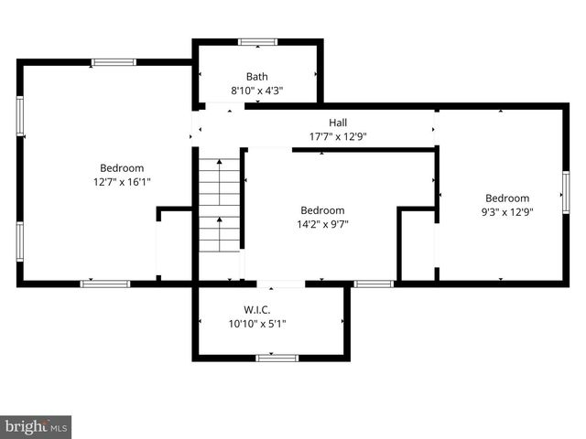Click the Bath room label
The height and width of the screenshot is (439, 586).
point(256,77)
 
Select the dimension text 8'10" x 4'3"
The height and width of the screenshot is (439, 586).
point(256,91)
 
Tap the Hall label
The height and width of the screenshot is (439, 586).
point(338,123)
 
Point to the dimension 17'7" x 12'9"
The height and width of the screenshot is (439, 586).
point(338,136)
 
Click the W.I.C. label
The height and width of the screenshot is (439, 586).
point(256,309)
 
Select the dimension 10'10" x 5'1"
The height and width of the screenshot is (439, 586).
point(256,323)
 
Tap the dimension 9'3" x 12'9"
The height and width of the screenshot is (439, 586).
point(507,212)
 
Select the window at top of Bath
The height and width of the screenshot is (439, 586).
point(258,41)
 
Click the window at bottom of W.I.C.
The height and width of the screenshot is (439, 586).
point(277,358)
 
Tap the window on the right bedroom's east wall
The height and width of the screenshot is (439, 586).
point(566,192)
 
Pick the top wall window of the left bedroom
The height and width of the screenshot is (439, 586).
point(114,62)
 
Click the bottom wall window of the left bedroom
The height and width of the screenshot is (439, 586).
point(105,284)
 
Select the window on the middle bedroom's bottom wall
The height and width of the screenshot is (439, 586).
point(374,284)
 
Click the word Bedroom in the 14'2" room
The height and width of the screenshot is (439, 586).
point(322,209)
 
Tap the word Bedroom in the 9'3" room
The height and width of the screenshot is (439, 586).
point(507,198)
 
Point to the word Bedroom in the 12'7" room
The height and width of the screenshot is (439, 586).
point(122,168)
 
